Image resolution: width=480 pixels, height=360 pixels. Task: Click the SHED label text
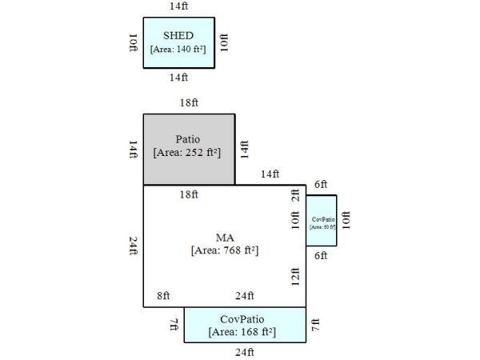click(178, 36)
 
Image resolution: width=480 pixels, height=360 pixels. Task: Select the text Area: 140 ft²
click(178, 49)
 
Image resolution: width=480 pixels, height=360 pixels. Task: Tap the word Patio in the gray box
click(188, 138)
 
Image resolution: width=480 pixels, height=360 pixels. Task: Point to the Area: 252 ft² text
click(188, 151)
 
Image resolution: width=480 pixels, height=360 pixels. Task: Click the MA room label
click(225, 238)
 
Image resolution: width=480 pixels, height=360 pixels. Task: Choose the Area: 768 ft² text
click(225, 250)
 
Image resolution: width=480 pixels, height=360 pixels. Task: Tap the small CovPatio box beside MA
click(322, 220)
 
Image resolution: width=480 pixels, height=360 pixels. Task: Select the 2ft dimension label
click(295, 194)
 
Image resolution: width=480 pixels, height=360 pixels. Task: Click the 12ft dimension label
click(295, 277)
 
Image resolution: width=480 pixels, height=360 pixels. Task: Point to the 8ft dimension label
click(163, 296)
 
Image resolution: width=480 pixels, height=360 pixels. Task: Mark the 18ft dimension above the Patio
click(190, 103)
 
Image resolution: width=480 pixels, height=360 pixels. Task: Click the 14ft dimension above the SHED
click(179, 6)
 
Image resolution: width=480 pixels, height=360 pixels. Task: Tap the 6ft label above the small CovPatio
click(321, 184)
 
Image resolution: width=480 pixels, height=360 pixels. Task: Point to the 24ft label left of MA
click(134, 246)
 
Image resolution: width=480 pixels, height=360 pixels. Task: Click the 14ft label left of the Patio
click(134, 150)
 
